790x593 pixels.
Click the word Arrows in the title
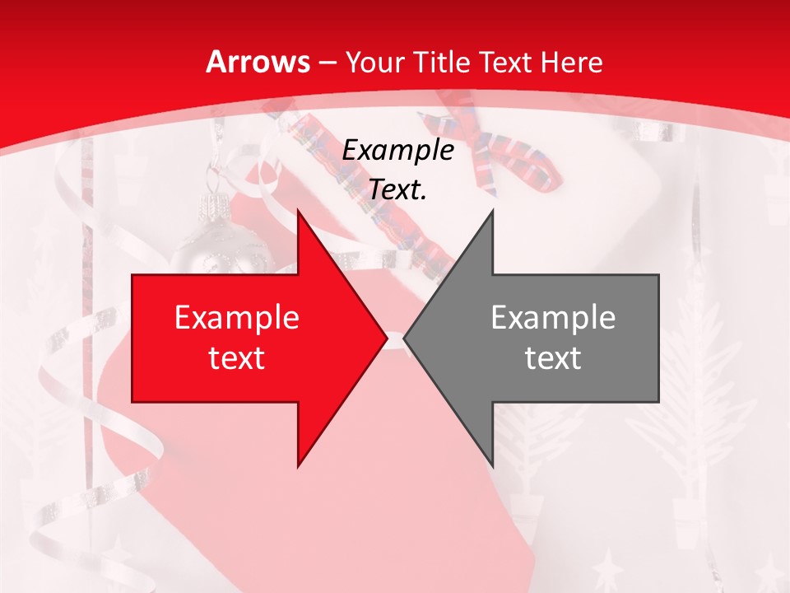(x=258, y=62)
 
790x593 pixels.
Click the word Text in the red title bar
(x=507, y=63)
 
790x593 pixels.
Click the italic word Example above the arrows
(x=398, y=151)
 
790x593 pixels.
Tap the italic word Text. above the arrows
(x=398, y=190)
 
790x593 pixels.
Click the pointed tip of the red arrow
(x=386, y=338)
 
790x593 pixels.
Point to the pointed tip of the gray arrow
(x=405, y=338)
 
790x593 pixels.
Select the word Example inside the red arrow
(x=236, y=318)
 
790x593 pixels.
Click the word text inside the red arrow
(x=236, y=357)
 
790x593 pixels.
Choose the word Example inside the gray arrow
(x=553, y=318)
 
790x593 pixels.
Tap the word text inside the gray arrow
(x=553, y=357)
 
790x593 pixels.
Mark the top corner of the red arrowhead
(x=298, y=211)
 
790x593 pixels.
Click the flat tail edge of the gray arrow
(x=658, y=338)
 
